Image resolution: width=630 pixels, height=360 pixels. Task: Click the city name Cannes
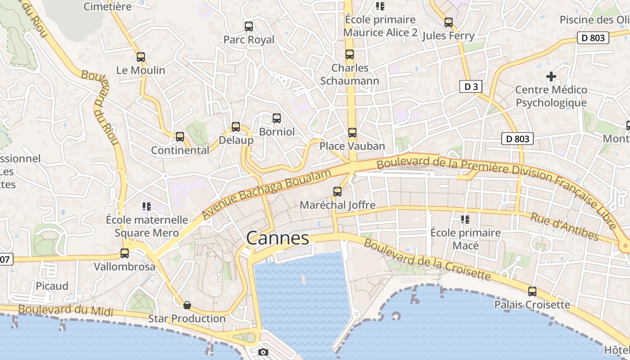(x=278, y=238)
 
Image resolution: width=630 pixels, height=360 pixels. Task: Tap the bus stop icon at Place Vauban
(x=352, y=133)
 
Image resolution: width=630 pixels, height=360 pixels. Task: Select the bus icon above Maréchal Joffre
(x=337, y=192)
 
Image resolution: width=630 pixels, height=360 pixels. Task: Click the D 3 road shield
(x=471, y=86)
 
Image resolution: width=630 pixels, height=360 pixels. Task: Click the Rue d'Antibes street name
(x=564, y=226)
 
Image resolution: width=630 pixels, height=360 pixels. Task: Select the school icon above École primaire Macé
(x=465, y=220)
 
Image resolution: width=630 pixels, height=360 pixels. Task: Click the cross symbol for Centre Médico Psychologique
(x=551, y=76)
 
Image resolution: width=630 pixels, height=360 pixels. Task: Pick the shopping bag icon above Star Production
(x=187, y=305)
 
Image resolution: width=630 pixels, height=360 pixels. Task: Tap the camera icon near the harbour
(x=263, y=352)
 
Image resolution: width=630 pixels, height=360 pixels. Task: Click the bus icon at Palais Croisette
(x=532, y=292)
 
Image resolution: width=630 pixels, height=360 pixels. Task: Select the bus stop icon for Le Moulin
(x=141, y=57)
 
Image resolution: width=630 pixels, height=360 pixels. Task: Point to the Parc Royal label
(x=249, y=40)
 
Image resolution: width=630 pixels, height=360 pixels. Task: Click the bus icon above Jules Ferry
(x=449, y=22)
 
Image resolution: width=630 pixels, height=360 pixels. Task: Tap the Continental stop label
(x=180, y=150)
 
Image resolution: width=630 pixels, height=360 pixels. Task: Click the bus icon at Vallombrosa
(x=125, y=253)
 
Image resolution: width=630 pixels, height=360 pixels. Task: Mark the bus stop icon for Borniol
(x=277, y=118)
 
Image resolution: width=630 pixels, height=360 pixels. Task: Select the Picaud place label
(x=52, y=286)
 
